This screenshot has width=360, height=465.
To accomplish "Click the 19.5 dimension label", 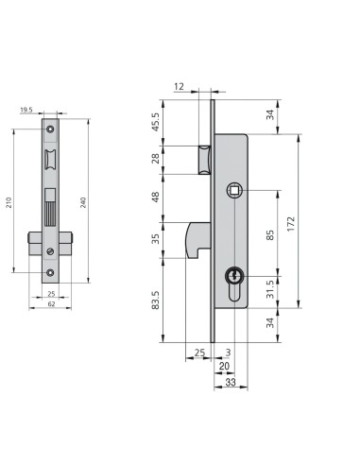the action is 26,110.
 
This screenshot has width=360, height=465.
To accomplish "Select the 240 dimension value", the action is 83,202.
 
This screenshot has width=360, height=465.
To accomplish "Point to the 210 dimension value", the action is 9,202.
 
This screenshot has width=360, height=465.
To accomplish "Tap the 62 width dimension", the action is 51,304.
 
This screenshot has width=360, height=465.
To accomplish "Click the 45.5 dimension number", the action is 156,122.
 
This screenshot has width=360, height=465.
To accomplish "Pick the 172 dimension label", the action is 291,224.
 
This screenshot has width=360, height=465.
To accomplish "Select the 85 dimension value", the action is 270,235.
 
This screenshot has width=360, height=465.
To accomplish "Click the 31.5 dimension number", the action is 270,289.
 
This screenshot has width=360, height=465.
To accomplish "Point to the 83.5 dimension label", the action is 156,300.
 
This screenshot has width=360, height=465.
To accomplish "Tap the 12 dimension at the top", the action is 179,86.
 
